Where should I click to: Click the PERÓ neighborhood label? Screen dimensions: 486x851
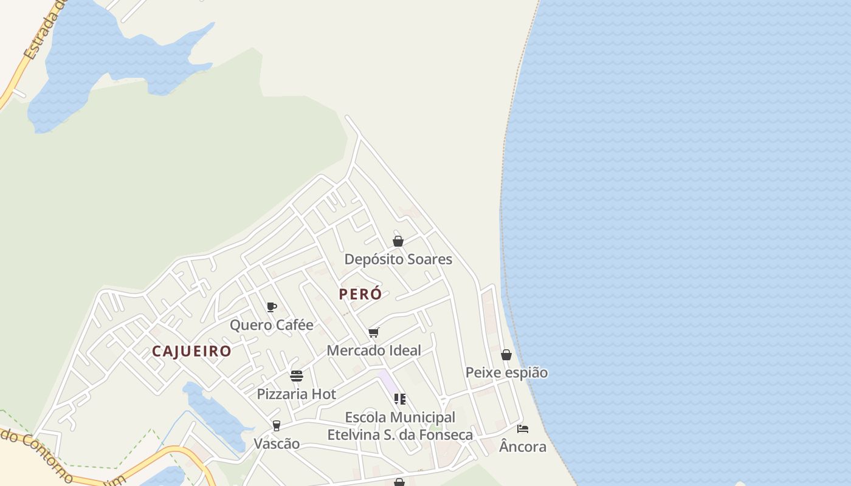click(x=360, y=294)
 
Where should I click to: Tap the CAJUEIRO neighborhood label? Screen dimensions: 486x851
click(x=191, y=351)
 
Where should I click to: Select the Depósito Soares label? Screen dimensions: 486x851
click(x=398, y=259)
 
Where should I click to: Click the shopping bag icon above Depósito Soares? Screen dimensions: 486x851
click(x=398, y=241)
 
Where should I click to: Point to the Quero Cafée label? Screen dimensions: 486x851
click(x=271, y=325)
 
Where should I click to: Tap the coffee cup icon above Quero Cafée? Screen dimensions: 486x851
click(x=272, y=307)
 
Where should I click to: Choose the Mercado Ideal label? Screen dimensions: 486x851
click(x=374, y=351)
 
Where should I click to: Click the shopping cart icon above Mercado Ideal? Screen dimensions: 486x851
click(x=374, y=332)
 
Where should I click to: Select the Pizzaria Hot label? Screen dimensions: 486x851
click(x=296, y=394)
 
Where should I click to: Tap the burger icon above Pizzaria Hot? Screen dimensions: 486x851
click(x=297, y=376)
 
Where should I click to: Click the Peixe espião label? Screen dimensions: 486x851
click(x=506, y=372)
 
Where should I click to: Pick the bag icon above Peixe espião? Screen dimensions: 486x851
click(x=506, y=355)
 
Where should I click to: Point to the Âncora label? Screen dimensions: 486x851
click(x=523, y=447)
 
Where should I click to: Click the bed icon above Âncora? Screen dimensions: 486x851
click(x=523, y=429)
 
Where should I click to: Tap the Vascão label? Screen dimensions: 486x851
click(x=277, y=443)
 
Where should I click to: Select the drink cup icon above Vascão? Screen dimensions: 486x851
click(x=277, y=425)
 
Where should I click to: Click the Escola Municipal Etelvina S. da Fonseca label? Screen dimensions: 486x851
click(x=400, y=426)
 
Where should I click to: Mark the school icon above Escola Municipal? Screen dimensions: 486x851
click(x=400, y=399)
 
